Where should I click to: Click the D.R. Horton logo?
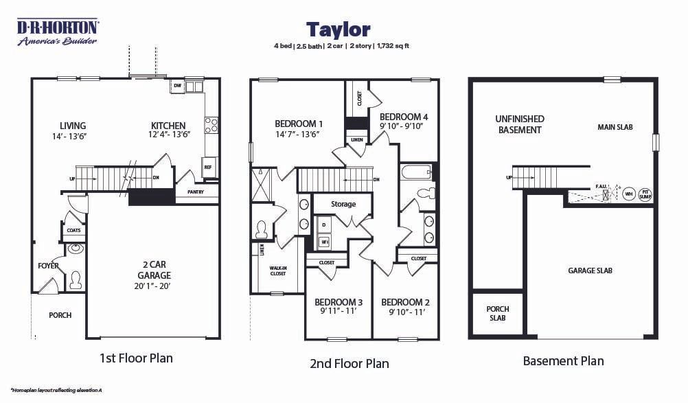click(57, 32)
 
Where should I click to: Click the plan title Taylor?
click(338, 30)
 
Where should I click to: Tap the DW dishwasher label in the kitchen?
click(177, 86)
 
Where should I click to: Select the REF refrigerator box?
click(207, 167)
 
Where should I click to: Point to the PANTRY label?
click(196, 192)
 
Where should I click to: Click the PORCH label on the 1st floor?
click(60, 315)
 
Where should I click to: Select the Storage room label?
click(343, 204)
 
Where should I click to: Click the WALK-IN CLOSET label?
click(278, 271)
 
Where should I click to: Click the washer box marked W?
click(323, 241)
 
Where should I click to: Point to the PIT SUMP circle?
click(645, 194)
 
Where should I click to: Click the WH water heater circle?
click(628, 194)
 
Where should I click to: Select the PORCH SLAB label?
click(498, 314)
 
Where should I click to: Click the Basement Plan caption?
click(563, 361)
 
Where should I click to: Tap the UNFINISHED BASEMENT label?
click(520, 124)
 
